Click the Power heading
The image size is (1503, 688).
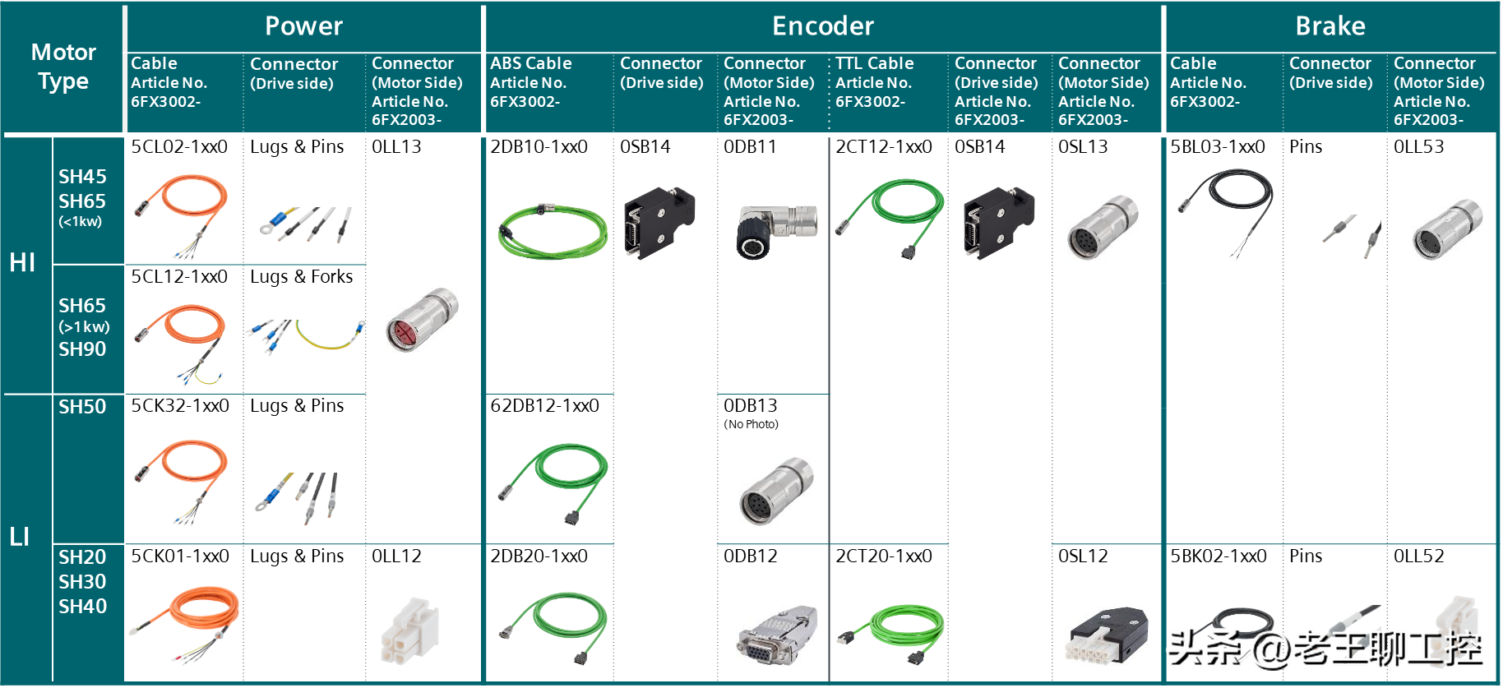pos(303,26)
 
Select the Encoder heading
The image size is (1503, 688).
pos(822,26)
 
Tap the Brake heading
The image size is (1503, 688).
pos(1330,26)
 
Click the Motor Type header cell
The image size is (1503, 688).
pos(63,67)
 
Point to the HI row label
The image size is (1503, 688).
pos(22,262)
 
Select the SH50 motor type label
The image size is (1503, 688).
pos(82,407)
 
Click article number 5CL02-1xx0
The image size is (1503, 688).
pos(179,147)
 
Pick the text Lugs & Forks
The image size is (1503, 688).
pos(301,277)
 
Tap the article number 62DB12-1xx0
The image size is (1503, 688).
pos(544,406)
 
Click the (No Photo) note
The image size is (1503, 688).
pos(751,424)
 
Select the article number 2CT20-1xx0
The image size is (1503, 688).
pos(883,556)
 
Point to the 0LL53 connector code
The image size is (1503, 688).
pos(1418,147)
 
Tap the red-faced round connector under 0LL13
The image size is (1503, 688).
pos(421,321)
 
